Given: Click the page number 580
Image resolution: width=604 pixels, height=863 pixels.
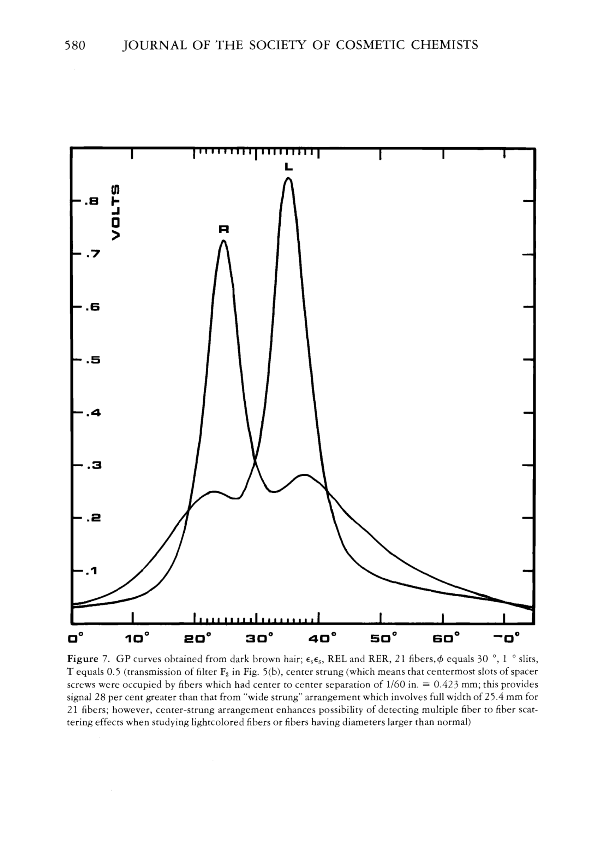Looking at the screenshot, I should click(x=75, y=45).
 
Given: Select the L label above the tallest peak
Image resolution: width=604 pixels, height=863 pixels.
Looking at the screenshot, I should click(x=288, y=166).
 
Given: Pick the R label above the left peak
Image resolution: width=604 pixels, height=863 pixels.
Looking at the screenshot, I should click(x=223, y=229).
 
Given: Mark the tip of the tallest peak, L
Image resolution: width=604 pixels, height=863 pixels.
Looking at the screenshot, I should click(x=288, y=178).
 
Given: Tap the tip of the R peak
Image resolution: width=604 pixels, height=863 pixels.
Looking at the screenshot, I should click(x=223, y=241).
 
